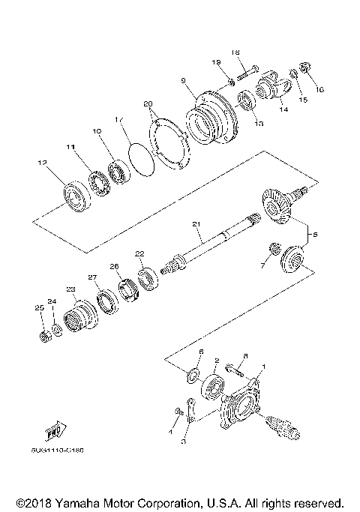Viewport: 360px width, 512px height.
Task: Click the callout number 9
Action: coord(182,79)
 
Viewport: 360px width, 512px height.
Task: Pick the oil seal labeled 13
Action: coord(244,101)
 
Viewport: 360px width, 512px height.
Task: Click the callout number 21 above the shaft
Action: coord(196,224)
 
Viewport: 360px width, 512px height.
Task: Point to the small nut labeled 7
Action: coord(275,247)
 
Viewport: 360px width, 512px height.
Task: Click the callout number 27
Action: coord(93,277)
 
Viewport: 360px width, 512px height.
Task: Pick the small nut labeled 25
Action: coord(44,332)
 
